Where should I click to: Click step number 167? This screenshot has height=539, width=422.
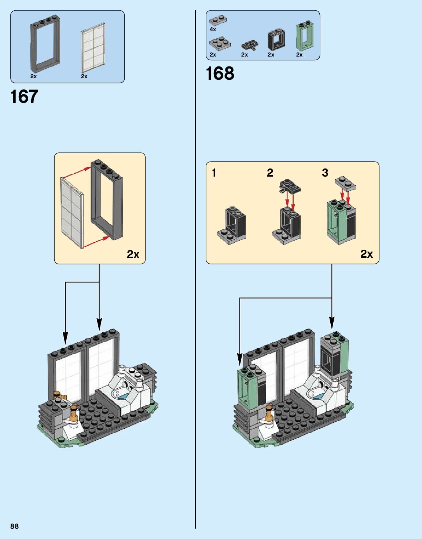point(24,97)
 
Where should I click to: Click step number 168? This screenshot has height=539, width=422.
point(220,73)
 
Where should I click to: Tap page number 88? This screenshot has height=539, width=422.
point(14,526)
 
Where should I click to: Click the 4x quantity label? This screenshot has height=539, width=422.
point(213,29)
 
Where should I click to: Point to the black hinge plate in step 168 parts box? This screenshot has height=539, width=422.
point(250,45)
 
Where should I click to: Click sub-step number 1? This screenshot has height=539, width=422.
point(214,173)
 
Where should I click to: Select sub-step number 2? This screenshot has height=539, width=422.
point(270,173)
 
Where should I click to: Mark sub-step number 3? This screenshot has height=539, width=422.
point(325,173)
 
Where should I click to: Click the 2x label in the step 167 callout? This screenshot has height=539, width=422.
point(133,254)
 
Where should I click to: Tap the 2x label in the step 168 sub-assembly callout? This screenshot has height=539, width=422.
point(366,254)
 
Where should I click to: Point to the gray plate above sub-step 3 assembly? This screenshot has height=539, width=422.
point(345,183)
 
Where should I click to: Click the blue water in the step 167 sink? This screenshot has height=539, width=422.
point(124,396)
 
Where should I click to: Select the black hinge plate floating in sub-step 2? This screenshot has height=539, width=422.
point(290,187)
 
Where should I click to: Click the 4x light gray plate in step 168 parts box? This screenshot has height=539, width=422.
point(218,20)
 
